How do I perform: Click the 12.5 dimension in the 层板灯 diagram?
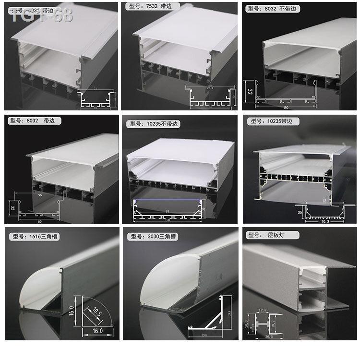(262, 310)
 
